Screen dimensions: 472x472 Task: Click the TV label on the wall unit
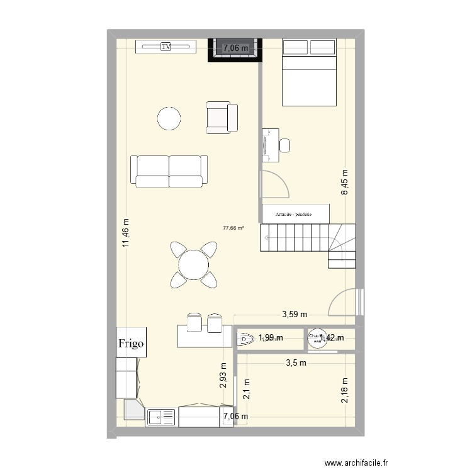[166, 47]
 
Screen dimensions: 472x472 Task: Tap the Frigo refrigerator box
[132, 344]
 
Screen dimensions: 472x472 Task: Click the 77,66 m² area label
[233, 229]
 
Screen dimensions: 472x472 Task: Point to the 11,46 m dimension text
[126, 233]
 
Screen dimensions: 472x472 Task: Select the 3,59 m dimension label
[295, 315]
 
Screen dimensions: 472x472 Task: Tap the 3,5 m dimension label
[296, 362]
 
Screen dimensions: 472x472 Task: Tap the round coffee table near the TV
[170, 118]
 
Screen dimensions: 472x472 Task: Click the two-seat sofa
[169, 171]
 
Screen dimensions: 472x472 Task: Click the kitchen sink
[161, 416]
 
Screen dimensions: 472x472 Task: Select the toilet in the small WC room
[245, 339]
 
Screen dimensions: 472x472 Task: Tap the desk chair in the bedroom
[285, 145]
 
